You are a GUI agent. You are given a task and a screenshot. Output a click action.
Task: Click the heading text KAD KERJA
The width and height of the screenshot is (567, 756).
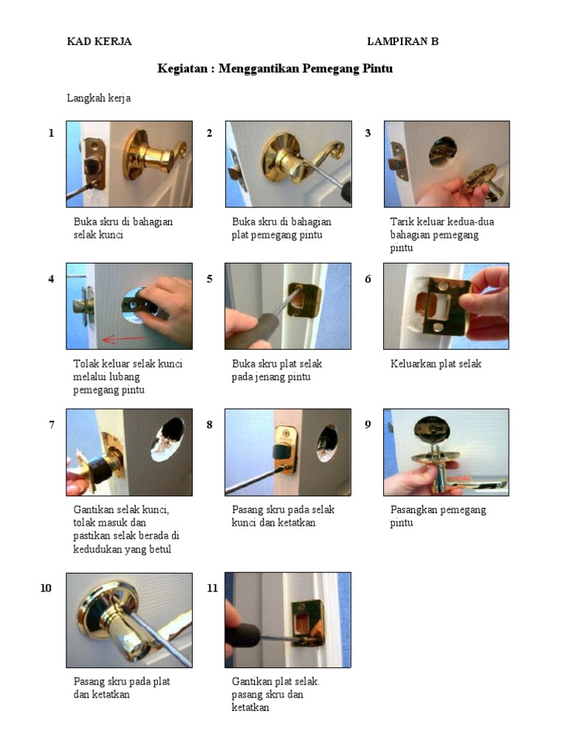99,41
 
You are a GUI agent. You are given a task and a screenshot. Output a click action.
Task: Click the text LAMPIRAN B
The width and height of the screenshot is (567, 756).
402,41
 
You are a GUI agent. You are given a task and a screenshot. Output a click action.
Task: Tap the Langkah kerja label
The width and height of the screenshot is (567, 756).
99,97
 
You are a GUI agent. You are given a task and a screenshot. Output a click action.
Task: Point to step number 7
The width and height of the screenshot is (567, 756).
51,425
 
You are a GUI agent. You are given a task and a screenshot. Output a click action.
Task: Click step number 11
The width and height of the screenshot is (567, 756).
213,588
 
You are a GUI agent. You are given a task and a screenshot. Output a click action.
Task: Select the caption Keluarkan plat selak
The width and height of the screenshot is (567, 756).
436,364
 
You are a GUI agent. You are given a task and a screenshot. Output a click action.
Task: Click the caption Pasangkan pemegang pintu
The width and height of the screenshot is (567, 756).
438,516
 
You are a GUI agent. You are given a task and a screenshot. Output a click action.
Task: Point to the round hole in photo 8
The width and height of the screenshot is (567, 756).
326,442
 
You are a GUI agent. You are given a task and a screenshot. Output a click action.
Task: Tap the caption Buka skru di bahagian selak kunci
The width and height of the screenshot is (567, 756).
123,228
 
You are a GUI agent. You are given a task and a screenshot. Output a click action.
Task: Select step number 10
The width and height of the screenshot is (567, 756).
46,588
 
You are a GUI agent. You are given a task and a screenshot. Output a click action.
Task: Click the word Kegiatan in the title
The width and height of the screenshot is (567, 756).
185,69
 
